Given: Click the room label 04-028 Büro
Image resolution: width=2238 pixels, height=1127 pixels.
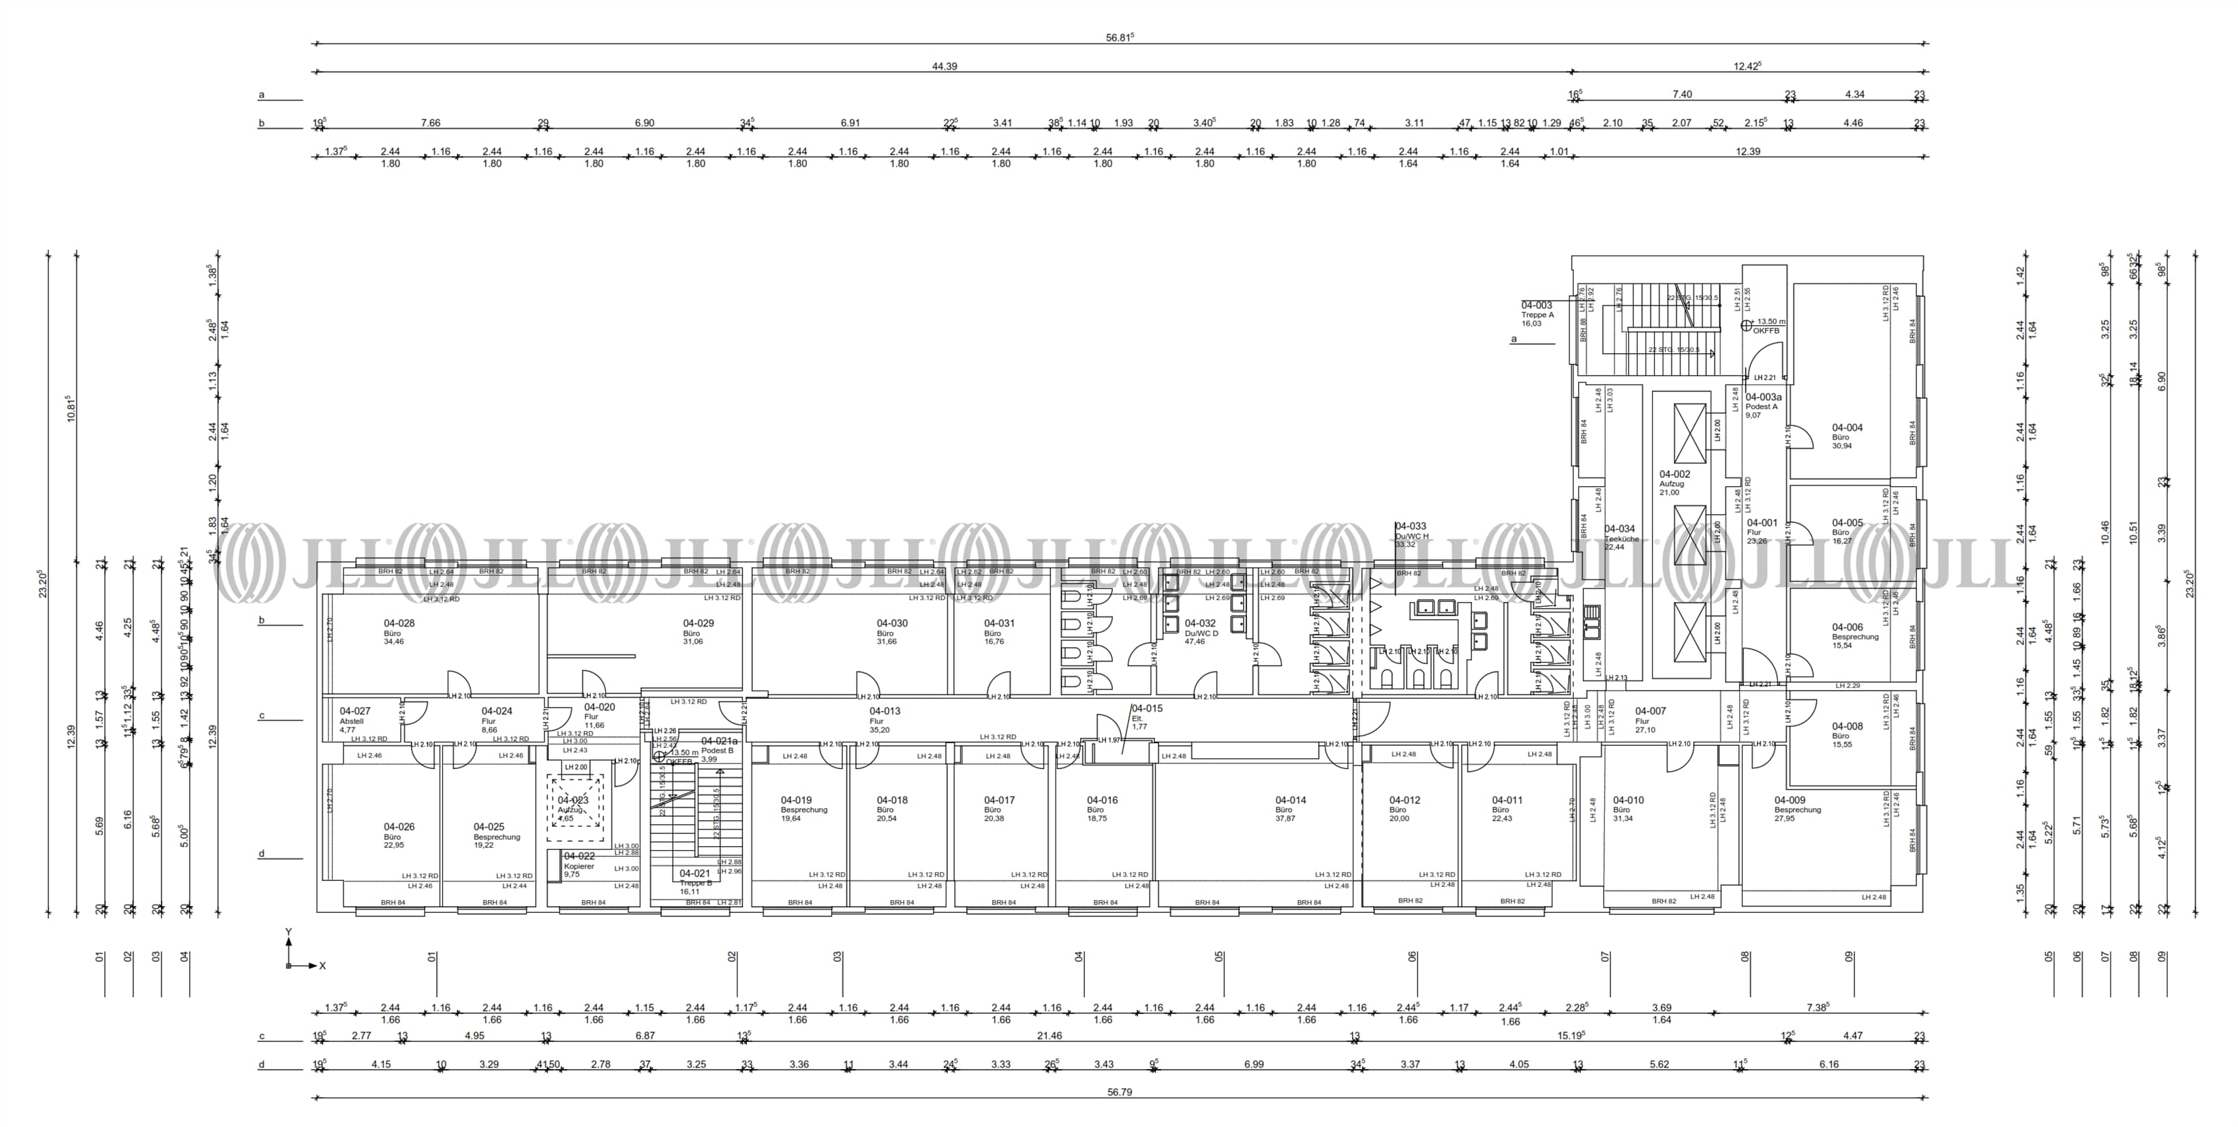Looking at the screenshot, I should [399, 632].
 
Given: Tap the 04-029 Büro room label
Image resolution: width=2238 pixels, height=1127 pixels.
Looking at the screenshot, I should [698, 632].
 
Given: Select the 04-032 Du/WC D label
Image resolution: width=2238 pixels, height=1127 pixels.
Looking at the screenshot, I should [1201, 632].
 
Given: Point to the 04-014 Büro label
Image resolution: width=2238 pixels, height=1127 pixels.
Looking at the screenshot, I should [1290, 808].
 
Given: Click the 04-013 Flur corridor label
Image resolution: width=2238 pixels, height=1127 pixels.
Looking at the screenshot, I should [885, 719].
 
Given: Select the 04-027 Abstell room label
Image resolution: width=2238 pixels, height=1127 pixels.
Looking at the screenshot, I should [354, 719].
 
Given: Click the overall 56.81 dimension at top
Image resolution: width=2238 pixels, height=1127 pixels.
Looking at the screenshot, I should [1120, 37].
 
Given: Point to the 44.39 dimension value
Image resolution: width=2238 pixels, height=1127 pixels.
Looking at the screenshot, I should [945, 66].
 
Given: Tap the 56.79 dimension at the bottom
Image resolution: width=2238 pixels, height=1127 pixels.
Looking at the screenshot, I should [1119, 1092].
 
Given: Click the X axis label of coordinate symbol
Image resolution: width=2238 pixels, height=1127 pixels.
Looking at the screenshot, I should [322, 965].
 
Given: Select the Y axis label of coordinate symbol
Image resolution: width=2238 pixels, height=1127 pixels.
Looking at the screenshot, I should [288, 933].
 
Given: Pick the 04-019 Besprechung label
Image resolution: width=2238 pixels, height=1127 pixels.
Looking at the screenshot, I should [803, 808].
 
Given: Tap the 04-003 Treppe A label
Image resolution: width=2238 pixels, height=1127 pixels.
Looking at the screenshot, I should [1537, 314].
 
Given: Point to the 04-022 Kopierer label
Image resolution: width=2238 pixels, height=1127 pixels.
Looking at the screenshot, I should [579, 865].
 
